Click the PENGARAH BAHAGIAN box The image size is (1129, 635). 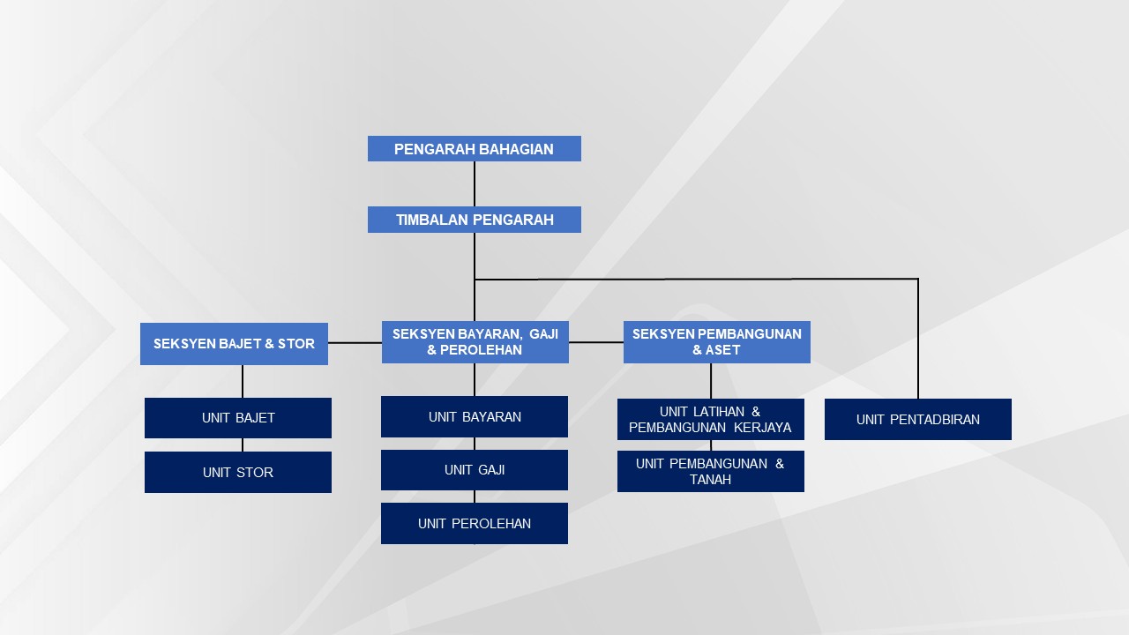474,149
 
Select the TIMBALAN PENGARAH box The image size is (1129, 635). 474,220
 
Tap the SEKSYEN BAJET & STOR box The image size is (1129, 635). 234,343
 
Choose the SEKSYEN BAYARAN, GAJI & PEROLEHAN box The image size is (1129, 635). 475,342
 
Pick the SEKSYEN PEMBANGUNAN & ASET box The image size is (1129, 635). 716,342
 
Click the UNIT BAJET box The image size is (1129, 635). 238,418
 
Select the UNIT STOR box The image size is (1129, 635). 238,472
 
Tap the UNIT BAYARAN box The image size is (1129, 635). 475,416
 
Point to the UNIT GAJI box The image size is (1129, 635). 475,470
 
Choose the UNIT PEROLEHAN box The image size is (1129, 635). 475,523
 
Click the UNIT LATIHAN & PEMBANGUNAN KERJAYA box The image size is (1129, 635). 710,419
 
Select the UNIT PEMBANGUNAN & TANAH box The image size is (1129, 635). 710,471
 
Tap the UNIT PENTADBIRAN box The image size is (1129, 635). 917,419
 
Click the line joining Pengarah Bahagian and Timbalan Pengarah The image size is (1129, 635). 475,183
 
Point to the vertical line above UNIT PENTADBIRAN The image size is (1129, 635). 918,340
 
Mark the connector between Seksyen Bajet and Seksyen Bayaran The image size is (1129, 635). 355,342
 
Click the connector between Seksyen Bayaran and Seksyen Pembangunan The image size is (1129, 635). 596,342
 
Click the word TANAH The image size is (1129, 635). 710,480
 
